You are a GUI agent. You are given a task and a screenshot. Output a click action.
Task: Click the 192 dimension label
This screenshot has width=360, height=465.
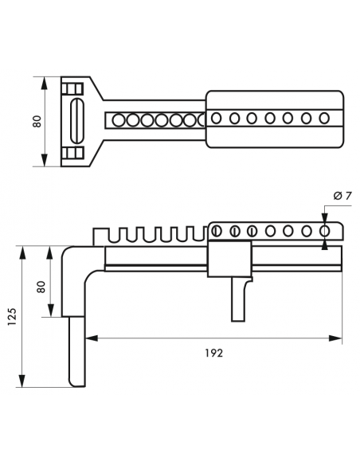[213, 353]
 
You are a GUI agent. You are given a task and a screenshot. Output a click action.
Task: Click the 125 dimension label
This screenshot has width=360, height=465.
[13, 317]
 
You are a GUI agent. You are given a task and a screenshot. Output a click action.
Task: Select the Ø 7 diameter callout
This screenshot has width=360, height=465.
[342, 196]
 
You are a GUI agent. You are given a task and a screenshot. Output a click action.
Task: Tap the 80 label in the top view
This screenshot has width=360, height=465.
[37, 121]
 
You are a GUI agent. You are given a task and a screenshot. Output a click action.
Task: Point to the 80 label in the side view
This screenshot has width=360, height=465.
[41, 287]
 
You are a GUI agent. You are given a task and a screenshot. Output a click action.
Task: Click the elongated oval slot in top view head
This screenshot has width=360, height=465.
[76, 121]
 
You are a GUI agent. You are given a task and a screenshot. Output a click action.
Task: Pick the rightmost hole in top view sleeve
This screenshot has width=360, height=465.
[324, 119]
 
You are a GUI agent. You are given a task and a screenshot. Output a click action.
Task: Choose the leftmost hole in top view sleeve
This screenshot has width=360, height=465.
[216, 119]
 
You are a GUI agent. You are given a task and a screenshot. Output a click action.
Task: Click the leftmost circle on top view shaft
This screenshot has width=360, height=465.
[119, 120]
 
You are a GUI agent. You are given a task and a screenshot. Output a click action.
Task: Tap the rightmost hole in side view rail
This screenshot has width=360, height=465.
[324, 230]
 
